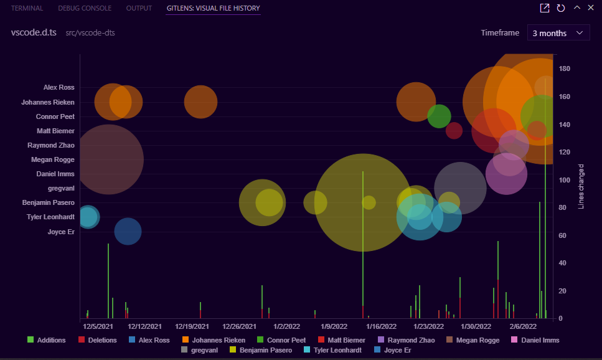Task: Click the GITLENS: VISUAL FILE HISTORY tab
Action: (x=213, y=8)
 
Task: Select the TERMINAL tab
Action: (x=27, y=8)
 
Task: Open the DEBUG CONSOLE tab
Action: (x=85, y=8)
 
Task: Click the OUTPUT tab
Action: (x=139, y=8)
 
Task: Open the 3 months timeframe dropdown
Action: (x=558, y=33)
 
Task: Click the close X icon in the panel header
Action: (x=590, y=7)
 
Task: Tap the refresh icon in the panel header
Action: (x=560, y=7)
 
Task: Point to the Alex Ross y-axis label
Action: (x=59, y=88)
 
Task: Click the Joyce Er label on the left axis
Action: (x=61, y=232)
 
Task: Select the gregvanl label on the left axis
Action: (x=61, y=188)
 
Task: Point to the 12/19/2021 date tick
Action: (x=192, y=326)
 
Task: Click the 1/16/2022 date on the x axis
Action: (x=381, y=326)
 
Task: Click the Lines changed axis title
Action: (x=581, y=186)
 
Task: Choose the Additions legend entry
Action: (x=47, y=340)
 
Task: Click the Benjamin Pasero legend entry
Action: (x=261, y=350)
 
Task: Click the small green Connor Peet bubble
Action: (x=439, y=116)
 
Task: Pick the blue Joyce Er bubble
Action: (x=128, y=232)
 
